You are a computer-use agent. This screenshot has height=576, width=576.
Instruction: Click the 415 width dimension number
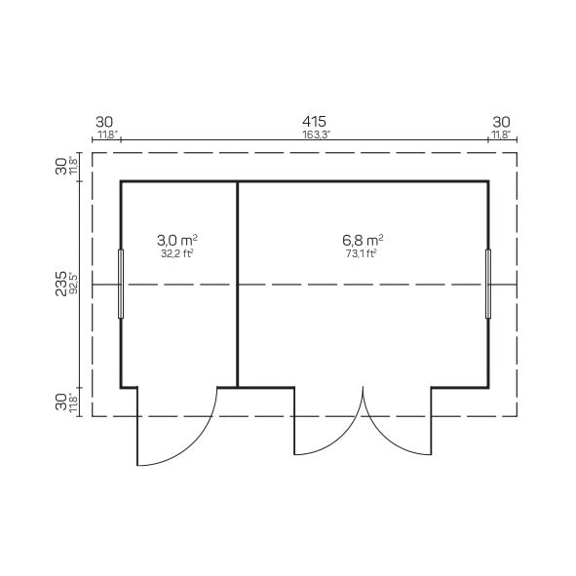314,122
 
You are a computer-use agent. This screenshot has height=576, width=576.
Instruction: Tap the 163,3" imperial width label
317,134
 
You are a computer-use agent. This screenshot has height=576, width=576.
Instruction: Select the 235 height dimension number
61,284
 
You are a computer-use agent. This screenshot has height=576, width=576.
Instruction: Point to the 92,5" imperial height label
73,284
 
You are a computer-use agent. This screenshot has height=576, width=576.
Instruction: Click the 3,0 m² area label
177,241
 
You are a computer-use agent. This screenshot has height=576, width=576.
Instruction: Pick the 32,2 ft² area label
177,253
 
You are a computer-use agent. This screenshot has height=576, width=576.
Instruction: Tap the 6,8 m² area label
363,241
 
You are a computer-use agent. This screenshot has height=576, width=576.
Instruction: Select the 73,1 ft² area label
362,253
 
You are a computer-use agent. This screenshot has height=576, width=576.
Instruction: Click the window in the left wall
121,284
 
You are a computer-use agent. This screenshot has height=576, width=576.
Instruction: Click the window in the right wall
488,284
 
